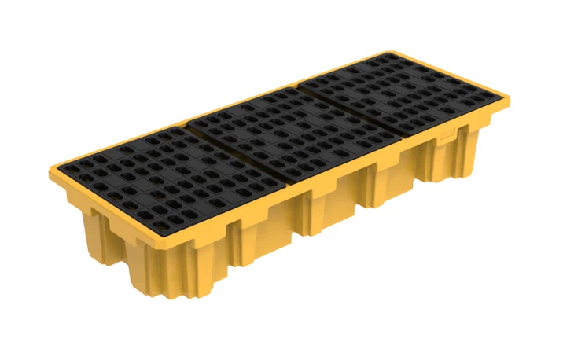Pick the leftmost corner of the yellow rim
click(52, 170)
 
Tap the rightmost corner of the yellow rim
click(508, 100)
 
